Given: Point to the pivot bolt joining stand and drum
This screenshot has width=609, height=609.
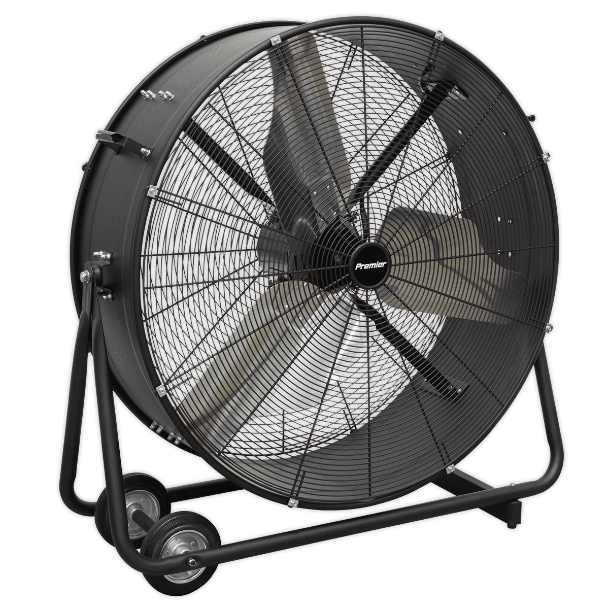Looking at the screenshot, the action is pos(85,277).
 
